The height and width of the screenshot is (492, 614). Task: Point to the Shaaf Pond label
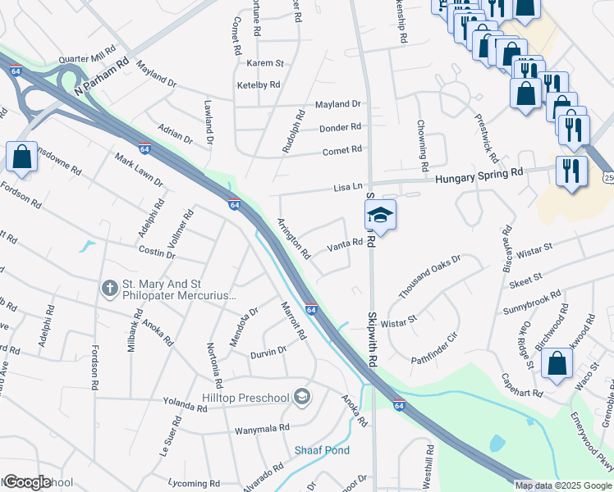click(x=322, y=450)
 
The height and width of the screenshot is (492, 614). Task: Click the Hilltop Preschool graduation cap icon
click(x=303, y=398)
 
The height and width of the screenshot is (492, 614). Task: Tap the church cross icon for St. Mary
click(x=109, y=289)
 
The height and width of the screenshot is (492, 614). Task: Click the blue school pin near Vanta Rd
click(x=380, y=216)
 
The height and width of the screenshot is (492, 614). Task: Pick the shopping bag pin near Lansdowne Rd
click(x=21, y=157)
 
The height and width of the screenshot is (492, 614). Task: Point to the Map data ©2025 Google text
click(x=563, y=485)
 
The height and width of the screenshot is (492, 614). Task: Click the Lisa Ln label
click(x=348, y=188)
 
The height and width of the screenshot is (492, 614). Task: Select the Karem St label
click(x=265, y=63)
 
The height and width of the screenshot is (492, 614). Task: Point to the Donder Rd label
click(x=339, y=127)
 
